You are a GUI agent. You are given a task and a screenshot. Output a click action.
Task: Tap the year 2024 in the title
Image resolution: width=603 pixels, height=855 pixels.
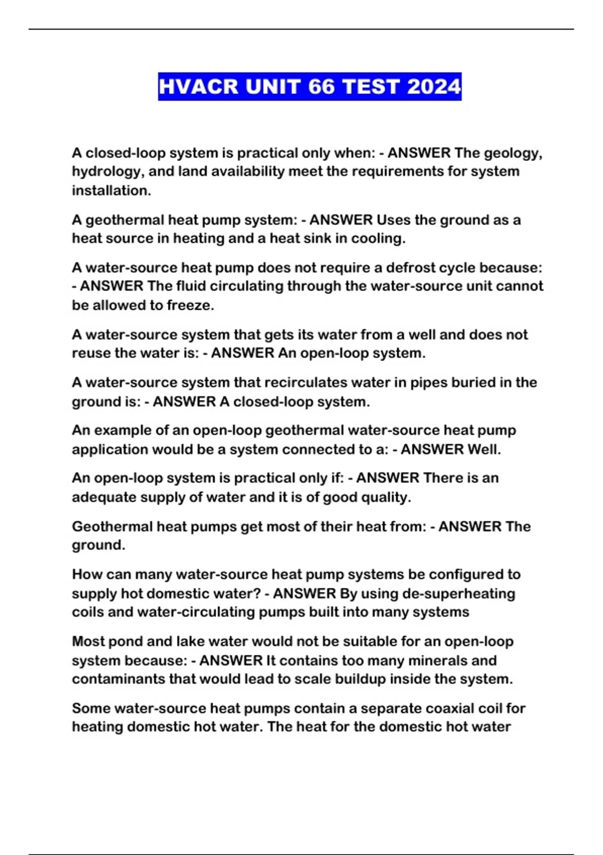(434, 87)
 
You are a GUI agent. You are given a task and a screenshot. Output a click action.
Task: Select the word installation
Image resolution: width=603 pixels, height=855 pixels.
(111, 191)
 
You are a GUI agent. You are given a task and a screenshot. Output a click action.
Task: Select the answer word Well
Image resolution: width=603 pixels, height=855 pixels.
(484, 449)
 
